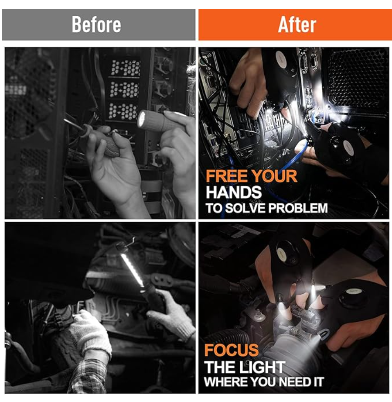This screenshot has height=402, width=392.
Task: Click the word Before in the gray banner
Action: [96, 24]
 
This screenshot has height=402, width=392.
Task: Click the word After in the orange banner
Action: [297, 24]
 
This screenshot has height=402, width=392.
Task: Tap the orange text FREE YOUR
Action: [252, 176]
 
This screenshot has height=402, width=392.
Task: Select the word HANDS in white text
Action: [234, 192]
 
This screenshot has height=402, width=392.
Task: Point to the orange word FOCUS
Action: [232, 350]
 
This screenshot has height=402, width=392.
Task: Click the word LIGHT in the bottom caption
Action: [265, 367]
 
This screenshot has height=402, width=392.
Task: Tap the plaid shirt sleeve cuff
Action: [89, 376]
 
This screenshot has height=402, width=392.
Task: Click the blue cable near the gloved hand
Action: [300, 153]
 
